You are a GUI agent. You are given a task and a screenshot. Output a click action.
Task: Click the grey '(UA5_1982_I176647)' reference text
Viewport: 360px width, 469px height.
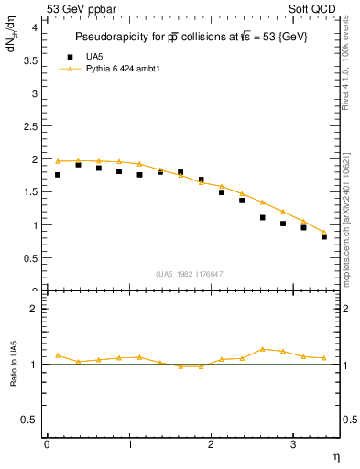[x=191, y=274]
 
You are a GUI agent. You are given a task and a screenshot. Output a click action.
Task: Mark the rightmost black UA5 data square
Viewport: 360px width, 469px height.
[x=324, y=236]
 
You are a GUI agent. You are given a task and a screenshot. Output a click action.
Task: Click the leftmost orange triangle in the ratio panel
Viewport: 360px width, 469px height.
[x=58, y=355]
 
